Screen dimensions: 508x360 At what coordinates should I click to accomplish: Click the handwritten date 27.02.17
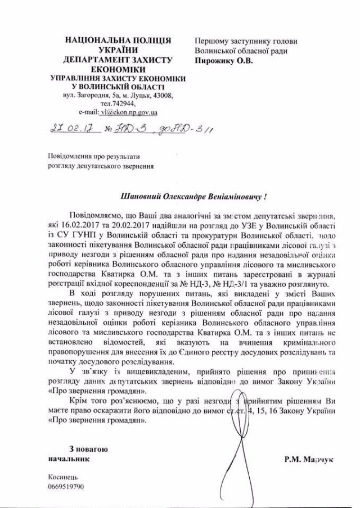tap(76, 129)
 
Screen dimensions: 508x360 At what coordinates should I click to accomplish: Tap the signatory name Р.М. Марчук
tap(309, 459)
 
